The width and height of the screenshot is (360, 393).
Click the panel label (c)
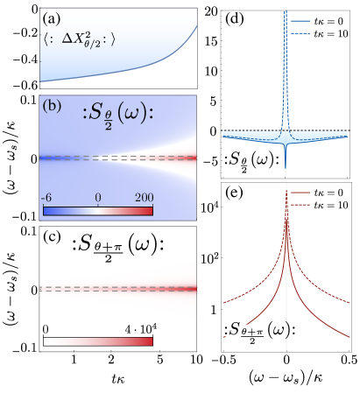[x=52, y=237]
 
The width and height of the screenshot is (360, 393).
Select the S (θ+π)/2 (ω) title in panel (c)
[x=122, y=248]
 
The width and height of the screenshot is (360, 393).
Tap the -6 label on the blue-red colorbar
[x=49, y=198]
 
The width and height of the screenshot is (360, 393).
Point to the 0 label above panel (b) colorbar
[x=98, y=198]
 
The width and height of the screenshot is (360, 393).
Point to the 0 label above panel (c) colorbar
[x=46, y=328]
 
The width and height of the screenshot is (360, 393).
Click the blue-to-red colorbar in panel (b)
[x=98, y=210]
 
